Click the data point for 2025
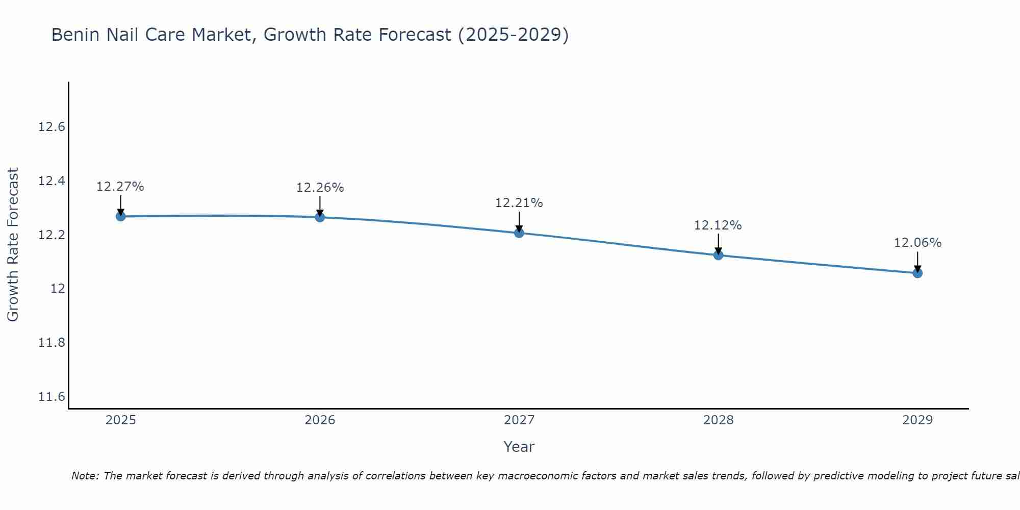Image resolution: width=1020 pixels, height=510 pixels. point(121,216)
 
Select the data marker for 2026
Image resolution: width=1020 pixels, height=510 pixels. point(320,217)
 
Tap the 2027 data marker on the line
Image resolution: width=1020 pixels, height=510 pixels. point(519,233)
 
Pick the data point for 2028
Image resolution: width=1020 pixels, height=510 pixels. point(718,255)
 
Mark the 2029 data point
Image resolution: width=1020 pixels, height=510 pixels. point(917,273)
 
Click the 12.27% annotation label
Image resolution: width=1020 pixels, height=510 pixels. point(120,187)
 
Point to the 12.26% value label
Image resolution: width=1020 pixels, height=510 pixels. point(320,188)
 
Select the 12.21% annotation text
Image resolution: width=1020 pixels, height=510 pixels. point(519,203)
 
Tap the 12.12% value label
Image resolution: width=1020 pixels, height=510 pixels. point(718,225)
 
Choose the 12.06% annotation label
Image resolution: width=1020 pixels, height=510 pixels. point(917,243)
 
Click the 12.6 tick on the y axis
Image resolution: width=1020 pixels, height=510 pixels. point(52,127)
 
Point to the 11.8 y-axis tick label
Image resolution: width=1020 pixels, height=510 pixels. point(52,343)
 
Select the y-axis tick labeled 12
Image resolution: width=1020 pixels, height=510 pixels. point(58,289)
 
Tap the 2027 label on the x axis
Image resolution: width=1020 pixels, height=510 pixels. point(519,420)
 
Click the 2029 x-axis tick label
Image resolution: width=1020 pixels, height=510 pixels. point(917,420)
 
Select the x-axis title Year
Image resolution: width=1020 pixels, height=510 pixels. point(519,447)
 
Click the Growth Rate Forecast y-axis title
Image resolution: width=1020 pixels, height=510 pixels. point(13,244)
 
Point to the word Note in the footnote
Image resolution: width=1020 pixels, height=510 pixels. point(84,476)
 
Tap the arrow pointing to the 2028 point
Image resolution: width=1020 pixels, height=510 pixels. point(718,244)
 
